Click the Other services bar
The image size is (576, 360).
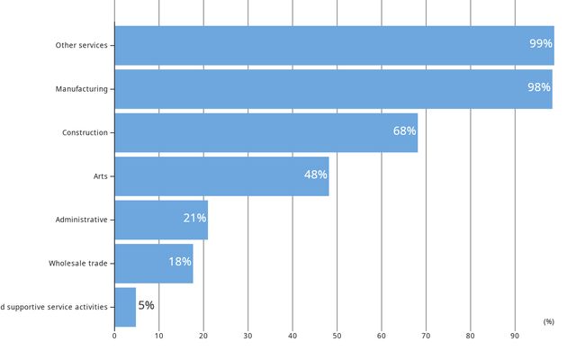tap(333, 45)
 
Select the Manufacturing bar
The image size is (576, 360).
tap(333, 89)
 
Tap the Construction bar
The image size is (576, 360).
tap(265, 132)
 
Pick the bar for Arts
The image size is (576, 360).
tap(221, 176)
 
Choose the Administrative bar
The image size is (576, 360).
tap(161, 220)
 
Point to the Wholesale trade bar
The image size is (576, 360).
tap(154, 263)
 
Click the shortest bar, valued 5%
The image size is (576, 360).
tap(125, 307)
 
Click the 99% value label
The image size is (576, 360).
tap(541, 44)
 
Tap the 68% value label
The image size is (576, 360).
tap(404, 131)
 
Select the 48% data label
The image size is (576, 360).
tap(315, 175)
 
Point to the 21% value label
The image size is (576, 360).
tap(194, 219)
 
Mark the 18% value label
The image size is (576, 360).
tap(180, 262)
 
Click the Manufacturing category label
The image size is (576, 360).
tap(81, 89)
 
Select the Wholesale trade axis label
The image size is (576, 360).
tap(78, 263)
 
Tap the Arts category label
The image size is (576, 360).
tap(101, 176)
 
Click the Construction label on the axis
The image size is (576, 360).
tap(85, 132)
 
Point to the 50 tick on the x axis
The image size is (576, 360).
tap(337, 337)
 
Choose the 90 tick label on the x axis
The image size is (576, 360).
tap(515, 337)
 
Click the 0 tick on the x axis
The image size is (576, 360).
tap(114, 337)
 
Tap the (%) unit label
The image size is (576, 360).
tap(548, 321)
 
